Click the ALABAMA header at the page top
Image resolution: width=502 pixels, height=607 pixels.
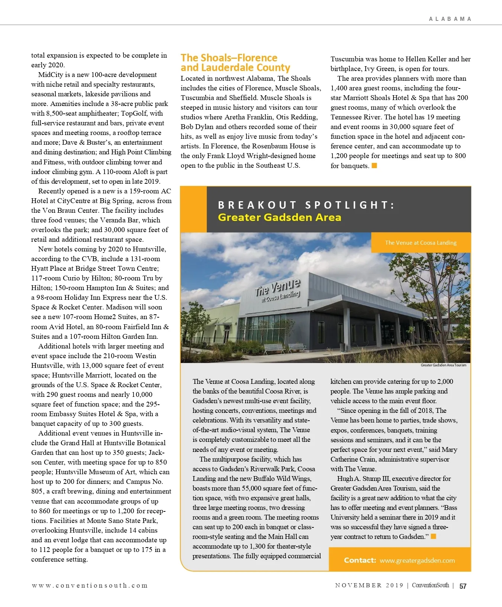(450, 19)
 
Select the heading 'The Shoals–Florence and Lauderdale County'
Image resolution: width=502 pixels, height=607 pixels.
(235, 63)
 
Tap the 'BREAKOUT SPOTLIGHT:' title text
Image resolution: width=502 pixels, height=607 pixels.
(306, 205)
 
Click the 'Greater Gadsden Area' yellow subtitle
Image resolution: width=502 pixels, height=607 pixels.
(279, 217)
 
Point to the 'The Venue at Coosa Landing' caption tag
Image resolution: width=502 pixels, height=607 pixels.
(421, 243)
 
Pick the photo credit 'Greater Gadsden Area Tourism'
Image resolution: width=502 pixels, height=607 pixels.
(443, 365)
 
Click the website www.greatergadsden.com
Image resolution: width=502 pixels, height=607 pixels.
(417, 561)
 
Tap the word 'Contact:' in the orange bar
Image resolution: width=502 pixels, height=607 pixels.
(360, 561)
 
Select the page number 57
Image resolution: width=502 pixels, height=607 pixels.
(463, 586)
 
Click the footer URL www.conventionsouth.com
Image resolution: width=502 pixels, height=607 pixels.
(90, 585)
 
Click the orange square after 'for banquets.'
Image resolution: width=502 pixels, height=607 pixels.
(374, 166)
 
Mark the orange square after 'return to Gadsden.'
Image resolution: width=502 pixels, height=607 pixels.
(433, 536)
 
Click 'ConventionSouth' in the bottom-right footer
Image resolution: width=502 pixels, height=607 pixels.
(430, 585)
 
